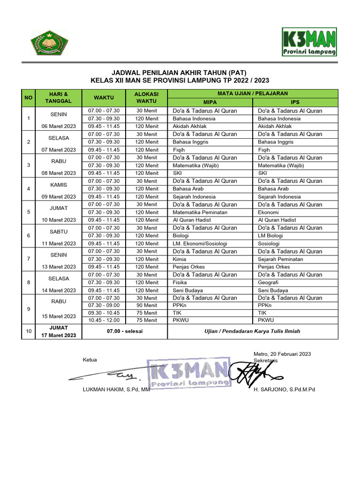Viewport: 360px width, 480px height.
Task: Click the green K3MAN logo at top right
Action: pos(309,42)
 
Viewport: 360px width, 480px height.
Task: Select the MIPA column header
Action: pos(210,102)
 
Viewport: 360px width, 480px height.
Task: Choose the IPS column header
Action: pos(295,102)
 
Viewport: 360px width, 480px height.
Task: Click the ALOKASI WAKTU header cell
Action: pos(147,97)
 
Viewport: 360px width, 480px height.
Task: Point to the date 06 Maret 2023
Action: pos(59,126)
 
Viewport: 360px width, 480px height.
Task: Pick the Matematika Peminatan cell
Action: pos(200,212)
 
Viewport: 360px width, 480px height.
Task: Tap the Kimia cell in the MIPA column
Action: pos(180,259)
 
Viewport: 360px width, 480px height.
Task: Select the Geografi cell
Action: pos(268,283)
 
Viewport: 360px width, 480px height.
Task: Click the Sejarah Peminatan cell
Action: pos(280,259)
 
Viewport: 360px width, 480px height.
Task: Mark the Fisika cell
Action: pos(180,283)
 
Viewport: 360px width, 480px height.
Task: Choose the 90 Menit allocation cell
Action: pos(147,305)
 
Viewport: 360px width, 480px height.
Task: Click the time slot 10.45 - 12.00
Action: pos(104,320)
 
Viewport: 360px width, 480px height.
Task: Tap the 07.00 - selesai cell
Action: pos(124,331)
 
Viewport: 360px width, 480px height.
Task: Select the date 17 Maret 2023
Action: pos(59,335)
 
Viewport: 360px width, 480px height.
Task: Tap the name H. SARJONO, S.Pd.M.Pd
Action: pos(284,390)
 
